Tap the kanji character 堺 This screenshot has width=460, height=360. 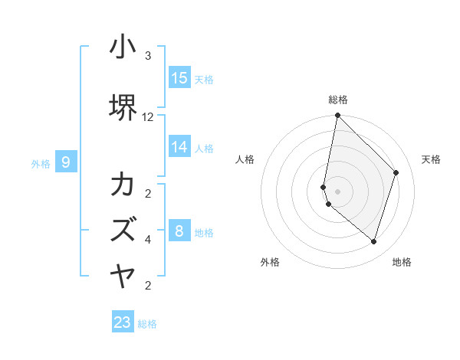(x=123, y=107)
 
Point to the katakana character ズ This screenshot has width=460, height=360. (x=123, y=229)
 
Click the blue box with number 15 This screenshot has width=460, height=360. (x=179, y=77)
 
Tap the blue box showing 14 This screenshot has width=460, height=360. (x=179, y=147)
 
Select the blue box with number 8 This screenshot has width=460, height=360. (x=179, y=231)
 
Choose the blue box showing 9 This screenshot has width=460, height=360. (x=67, y=162)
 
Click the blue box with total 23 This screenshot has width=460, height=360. (x=123, y=322)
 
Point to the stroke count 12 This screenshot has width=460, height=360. (x=148, y=117)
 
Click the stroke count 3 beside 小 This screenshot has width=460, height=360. (x=148, y=56)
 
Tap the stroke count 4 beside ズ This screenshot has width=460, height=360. (x=148, y=240)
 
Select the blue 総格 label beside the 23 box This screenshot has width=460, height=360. (x=147, y=324)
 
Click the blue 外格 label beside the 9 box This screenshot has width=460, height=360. (x=41, y=163)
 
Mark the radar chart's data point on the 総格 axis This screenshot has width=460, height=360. (x=337, y=116)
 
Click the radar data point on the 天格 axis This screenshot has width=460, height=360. (x=396, y=172)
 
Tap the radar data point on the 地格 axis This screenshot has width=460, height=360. (x=373, y=242)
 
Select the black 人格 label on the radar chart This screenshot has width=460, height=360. (x=245, y=159)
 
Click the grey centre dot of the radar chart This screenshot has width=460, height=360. (x=337, y=191)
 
